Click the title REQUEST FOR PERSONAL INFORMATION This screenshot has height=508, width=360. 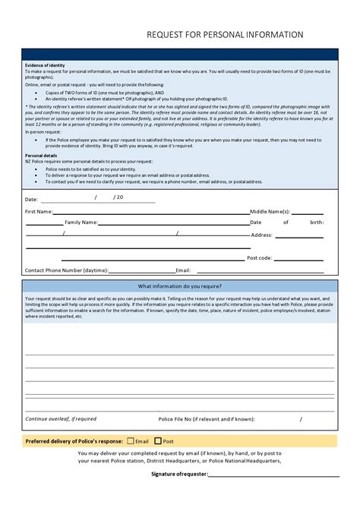[x=225, y=35]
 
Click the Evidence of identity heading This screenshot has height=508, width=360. [x=45, y=65]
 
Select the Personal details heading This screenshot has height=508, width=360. [x=41, y=155]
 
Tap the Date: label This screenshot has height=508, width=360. [x=31, y=198]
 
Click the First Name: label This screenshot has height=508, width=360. [x=39, y=211]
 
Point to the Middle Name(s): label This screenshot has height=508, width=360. [x=270, y=211]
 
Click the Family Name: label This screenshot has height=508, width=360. [x=81, y=222]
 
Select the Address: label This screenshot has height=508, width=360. [x=261, y=235]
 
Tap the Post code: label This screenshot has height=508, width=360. [x=259, y=258]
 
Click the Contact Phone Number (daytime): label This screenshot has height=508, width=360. [x=67, y=270]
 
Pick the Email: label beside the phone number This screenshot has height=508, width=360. [x=183, y=270]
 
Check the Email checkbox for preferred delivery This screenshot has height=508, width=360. [x=131, y=440]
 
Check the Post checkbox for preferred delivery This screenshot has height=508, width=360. [x=158, y=440]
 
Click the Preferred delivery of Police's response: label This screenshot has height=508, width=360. [x=74, y=440]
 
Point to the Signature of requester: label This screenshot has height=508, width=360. [x=178, y=474]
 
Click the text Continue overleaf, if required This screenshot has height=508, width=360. [x=61, y=418]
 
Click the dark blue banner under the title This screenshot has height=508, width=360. [x=180, y=54]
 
